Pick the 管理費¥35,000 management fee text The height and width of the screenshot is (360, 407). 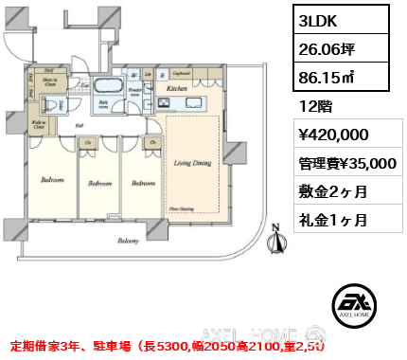coord(345,163)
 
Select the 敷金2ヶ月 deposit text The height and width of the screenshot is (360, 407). coord(332,191)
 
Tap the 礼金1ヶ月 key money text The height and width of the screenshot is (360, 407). coord(332,220)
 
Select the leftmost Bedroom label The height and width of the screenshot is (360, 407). coord(52,179)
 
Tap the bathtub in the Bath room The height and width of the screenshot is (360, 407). coord(107,91)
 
